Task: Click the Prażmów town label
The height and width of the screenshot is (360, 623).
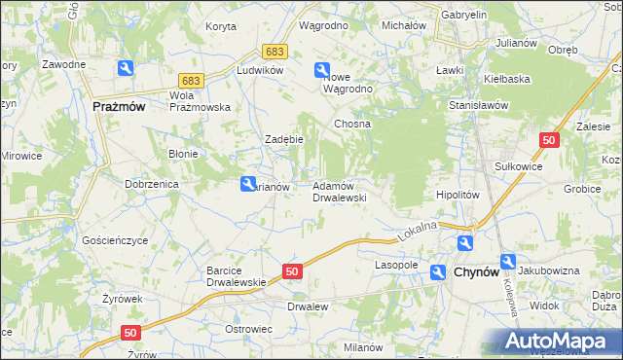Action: coord(119,107)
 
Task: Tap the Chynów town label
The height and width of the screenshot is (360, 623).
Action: coord(477,273)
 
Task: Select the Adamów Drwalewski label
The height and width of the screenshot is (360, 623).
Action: coord(339,191)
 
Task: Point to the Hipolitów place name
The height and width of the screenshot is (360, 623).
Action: coord(458,195)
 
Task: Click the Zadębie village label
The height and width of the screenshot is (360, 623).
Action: coord(285,139)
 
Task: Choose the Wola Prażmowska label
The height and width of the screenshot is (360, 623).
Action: coord(199,101)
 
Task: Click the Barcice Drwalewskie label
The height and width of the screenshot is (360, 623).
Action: coord(237,276)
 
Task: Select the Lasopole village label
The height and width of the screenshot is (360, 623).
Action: coord(396,265)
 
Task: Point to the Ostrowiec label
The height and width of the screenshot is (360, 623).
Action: coord(247,329)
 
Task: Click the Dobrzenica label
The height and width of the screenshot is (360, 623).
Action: coord(148,183)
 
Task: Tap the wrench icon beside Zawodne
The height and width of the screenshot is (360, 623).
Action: coord(126,68)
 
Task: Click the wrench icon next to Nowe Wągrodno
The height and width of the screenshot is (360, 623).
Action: coord(322,70)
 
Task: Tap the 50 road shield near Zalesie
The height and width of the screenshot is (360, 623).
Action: coord(549,141)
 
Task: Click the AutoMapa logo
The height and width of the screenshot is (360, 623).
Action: coord(562,341)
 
